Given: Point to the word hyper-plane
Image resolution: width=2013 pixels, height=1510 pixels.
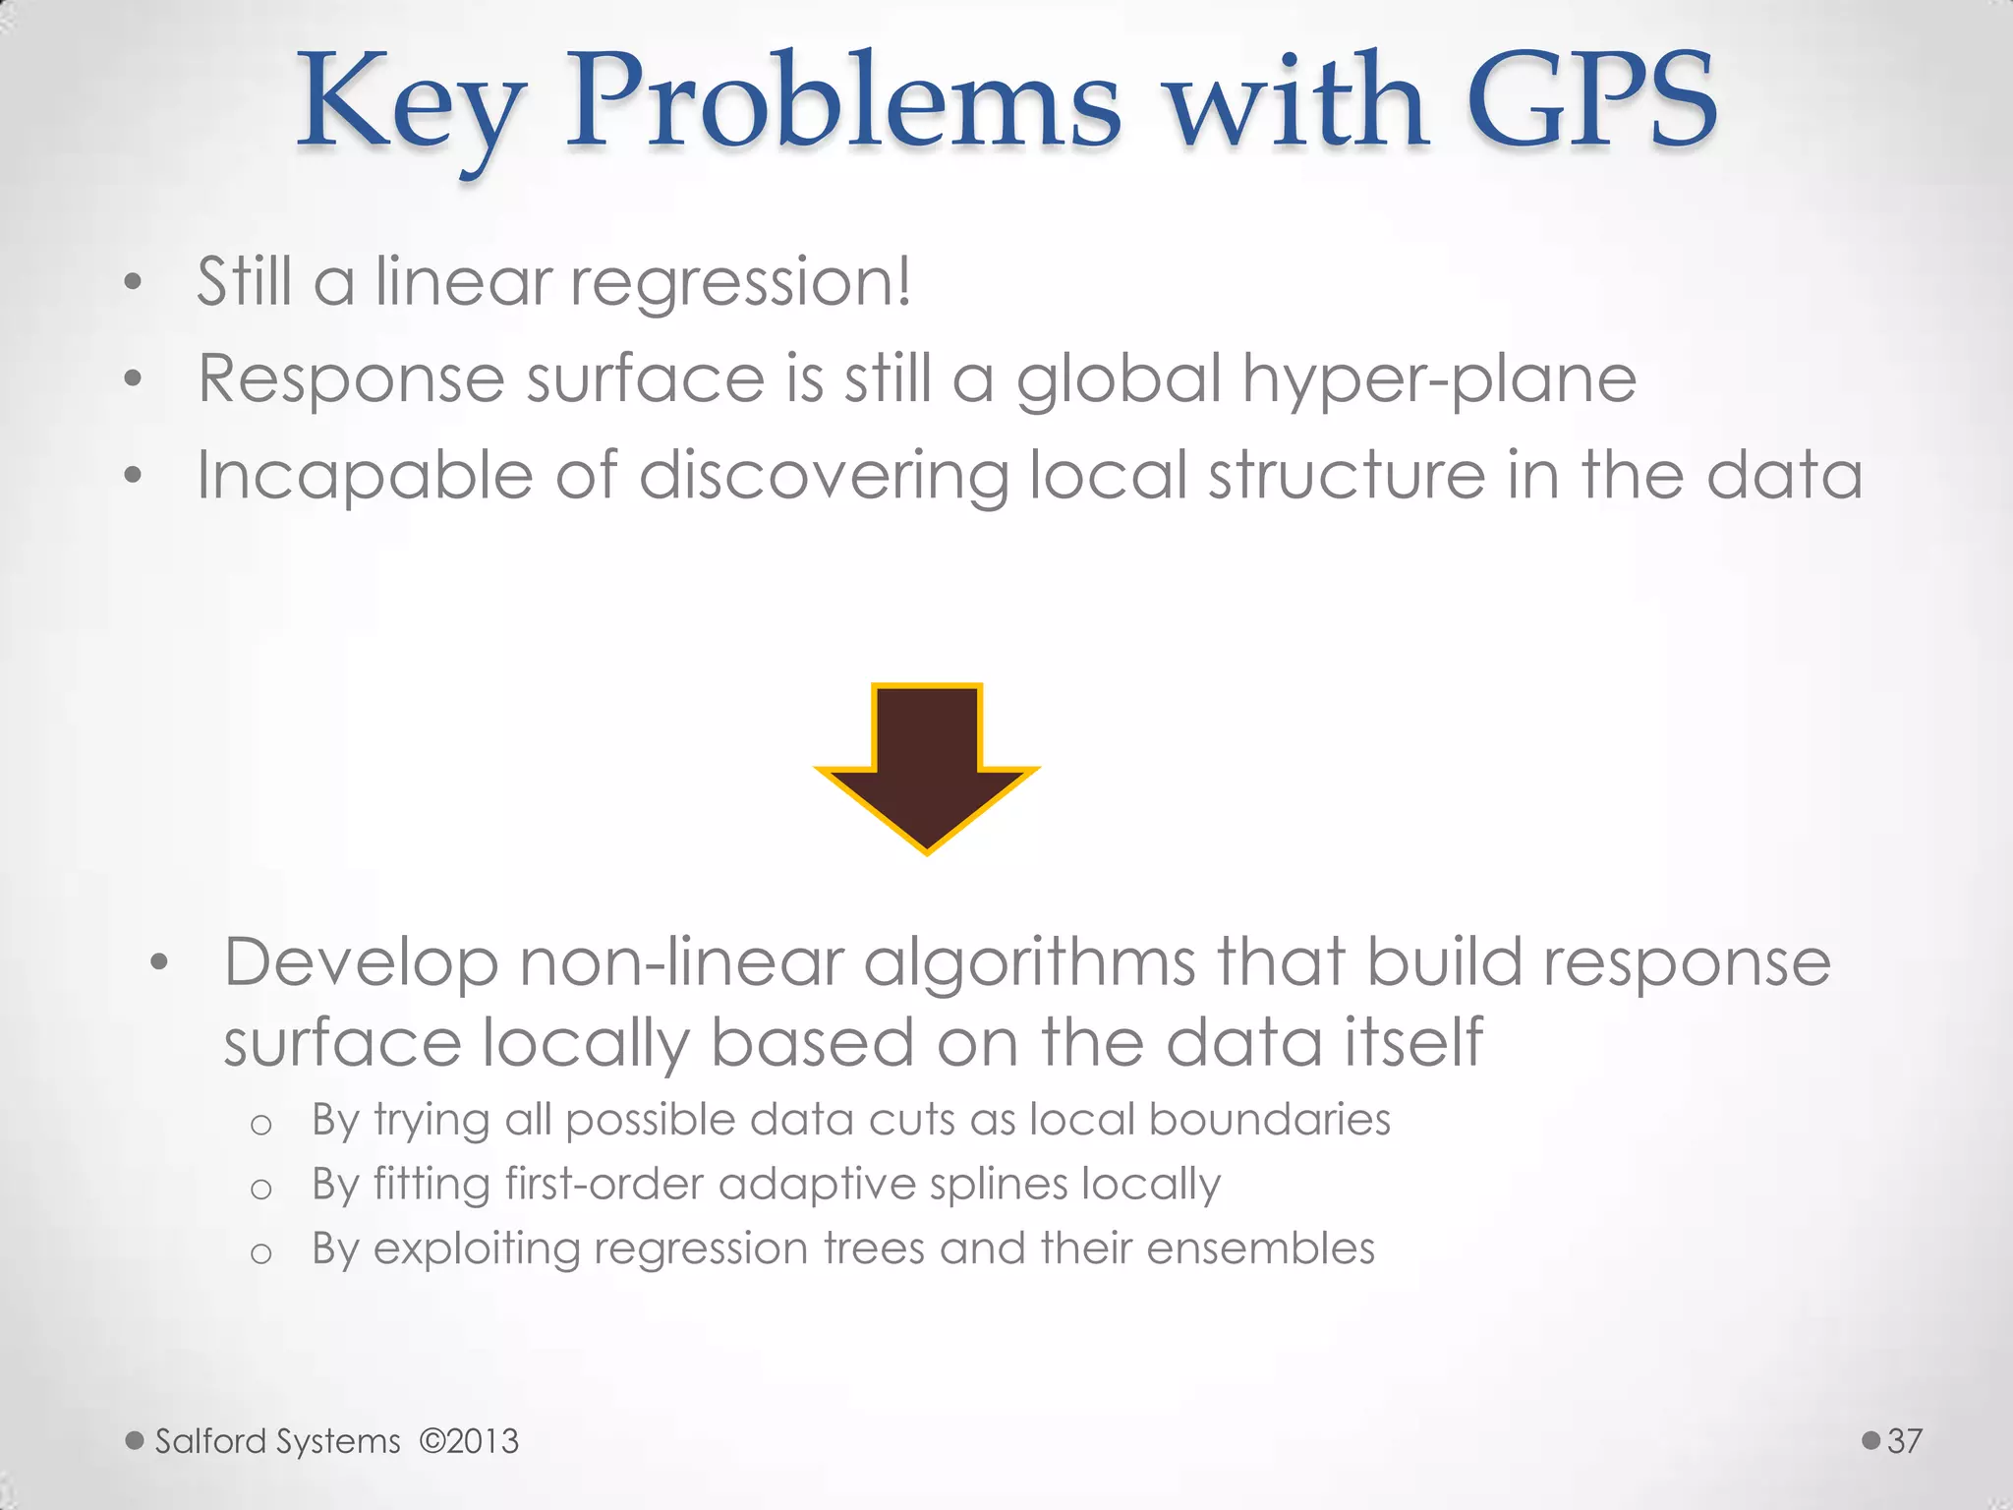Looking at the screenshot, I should [1439, 381].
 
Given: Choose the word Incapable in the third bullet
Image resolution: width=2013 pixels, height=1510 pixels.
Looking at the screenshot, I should [365, 478].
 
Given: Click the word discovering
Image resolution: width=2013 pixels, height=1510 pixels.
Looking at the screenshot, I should [824, 478].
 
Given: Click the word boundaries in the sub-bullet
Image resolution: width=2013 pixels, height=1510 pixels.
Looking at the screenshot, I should [1269, 1120].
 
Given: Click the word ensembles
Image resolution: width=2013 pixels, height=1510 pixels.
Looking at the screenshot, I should [1260, 1249].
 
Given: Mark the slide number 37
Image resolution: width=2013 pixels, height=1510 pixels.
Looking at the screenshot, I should [1904, 1441].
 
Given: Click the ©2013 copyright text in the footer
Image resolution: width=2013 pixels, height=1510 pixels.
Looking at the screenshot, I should [469, 1441].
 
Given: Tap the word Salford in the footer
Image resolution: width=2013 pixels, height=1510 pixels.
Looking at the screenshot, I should [210, 1441].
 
